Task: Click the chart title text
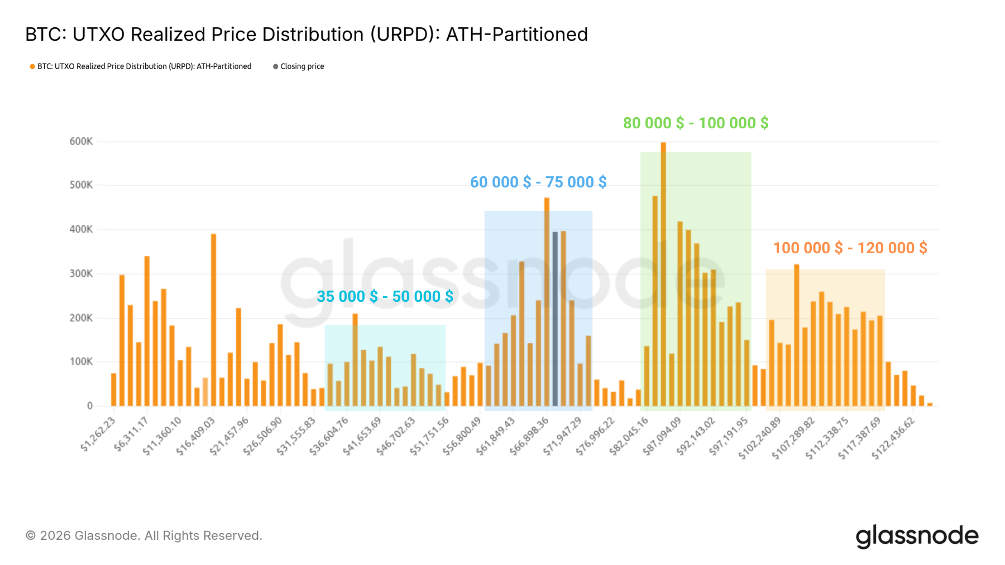click(306, 35)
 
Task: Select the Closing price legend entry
click(299, 66)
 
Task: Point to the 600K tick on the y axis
click(81, 142)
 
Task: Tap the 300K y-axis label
click(81, 274)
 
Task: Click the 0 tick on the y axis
click(89, 406)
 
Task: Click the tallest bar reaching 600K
click(663, 273)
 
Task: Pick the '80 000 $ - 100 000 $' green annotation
click(696, 123)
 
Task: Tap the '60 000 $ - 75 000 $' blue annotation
click(538, 182)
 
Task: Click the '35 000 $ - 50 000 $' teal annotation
click(385, 297)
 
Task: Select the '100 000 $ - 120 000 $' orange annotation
click(850, 248)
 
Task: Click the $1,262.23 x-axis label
click(99, 434)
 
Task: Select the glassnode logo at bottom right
click(917, 536)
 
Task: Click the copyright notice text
click(143, 536)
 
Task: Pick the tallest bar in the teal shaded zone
click(355, 360)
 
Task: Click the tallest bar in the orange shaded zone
click(797, 335)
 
